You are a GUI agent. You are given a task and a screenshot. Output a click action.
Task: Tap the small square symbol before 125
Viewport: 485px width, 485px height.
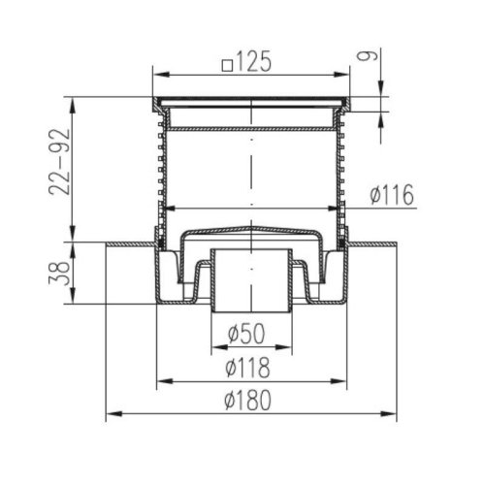[x=227, y=66]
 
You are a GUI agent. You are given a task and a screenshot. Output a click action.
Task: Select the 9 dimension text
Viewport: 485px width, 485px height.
[x=362, y=56]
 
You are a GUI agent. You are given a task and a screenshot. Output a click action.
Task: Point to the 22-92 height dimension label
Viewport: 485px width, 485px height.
[x=60, y=162]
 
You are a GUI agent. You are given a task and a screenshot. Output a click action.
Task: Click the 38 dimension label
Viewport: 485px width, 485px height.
[x=60, y=274]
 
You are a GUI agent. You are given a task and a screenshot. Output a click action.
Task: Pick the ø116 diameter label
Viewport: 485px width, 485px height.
[x=392, y=195]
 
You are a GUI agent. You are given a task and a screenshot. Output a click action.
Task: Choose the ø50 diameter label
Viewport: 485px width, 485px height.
[x=246, y=334]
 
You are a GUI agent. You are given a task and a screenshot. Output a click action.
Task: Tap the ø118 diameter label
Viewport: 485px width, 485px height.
[x=247, y=368]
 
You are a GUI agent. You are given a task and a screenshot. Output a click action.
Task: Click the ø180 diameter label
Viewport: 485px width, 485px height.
[x=247, y=400]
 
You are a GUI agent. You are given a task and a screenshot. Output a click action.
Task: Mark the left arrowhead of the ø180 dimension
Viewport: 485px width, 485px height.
[x=114, y=413]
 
